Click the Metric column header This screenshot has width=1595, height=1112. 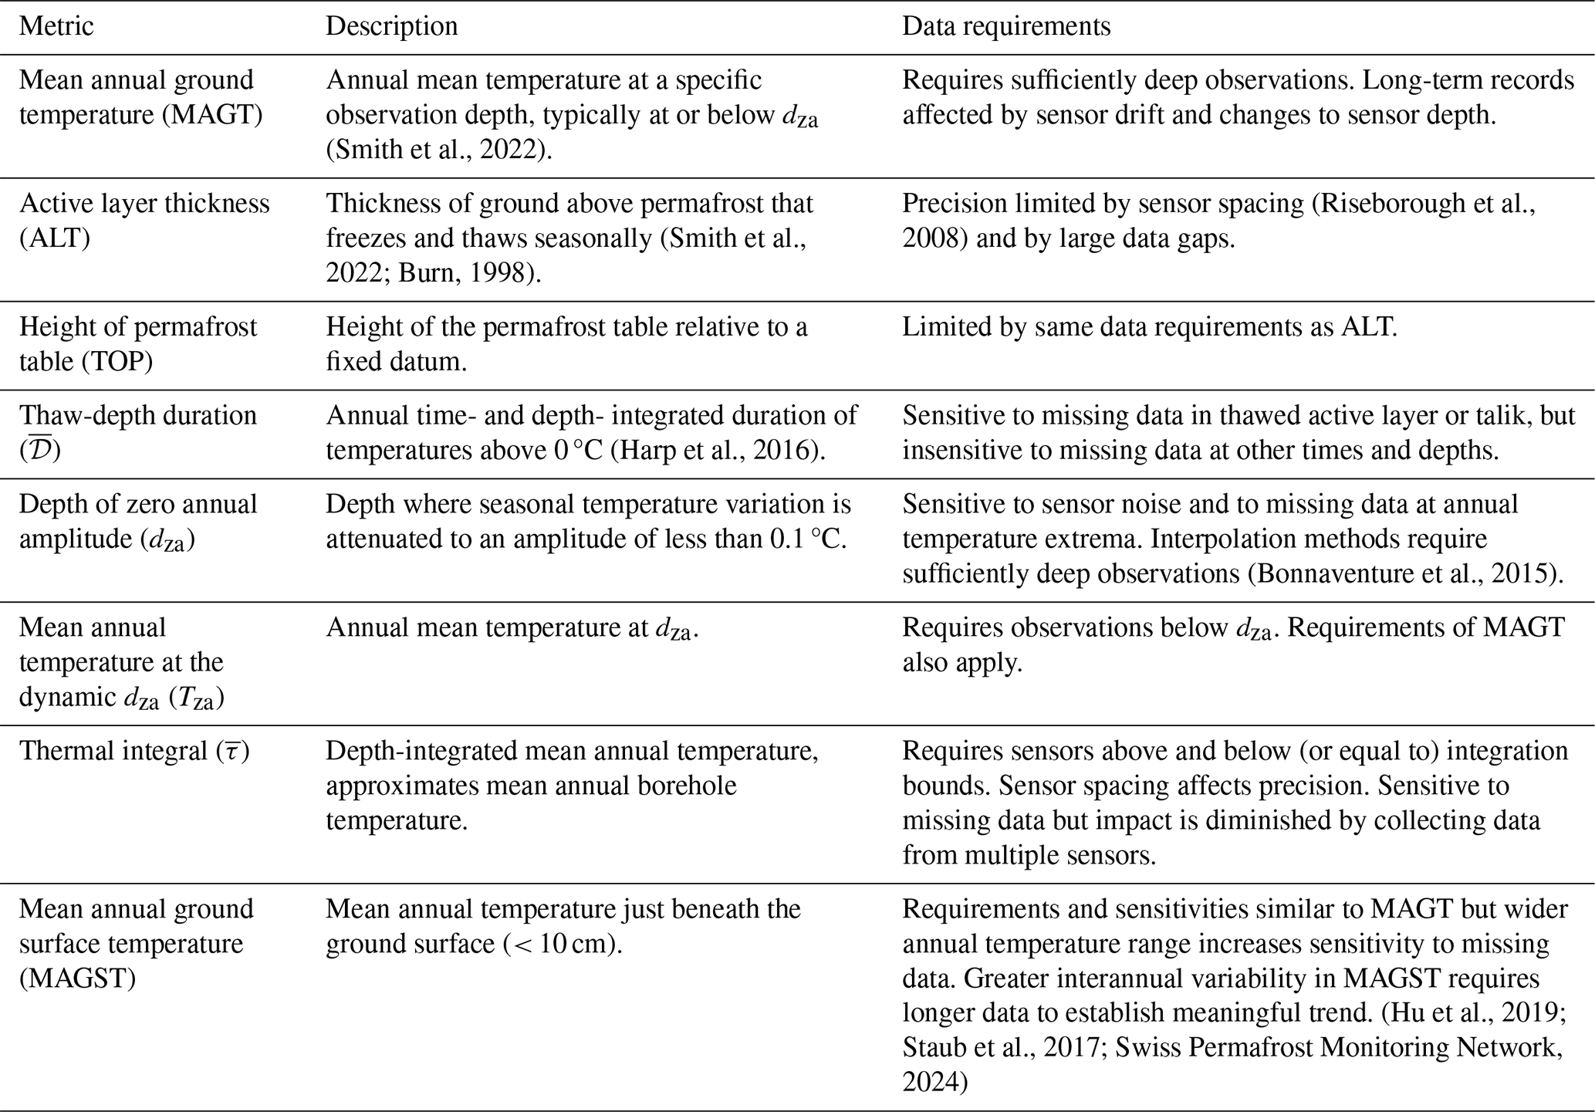point(56,26)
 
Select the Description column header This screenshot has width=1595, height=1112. point(391,26)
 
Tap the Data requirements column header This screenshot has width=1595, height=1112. point(1006,26)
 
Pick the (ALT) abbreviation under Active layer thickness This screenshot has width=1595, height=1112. point(54,238)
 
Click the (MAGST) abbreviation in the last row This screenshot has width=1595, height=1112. point(77,978)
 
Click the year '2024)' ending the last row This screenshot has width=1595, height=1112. point(934,1082)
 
